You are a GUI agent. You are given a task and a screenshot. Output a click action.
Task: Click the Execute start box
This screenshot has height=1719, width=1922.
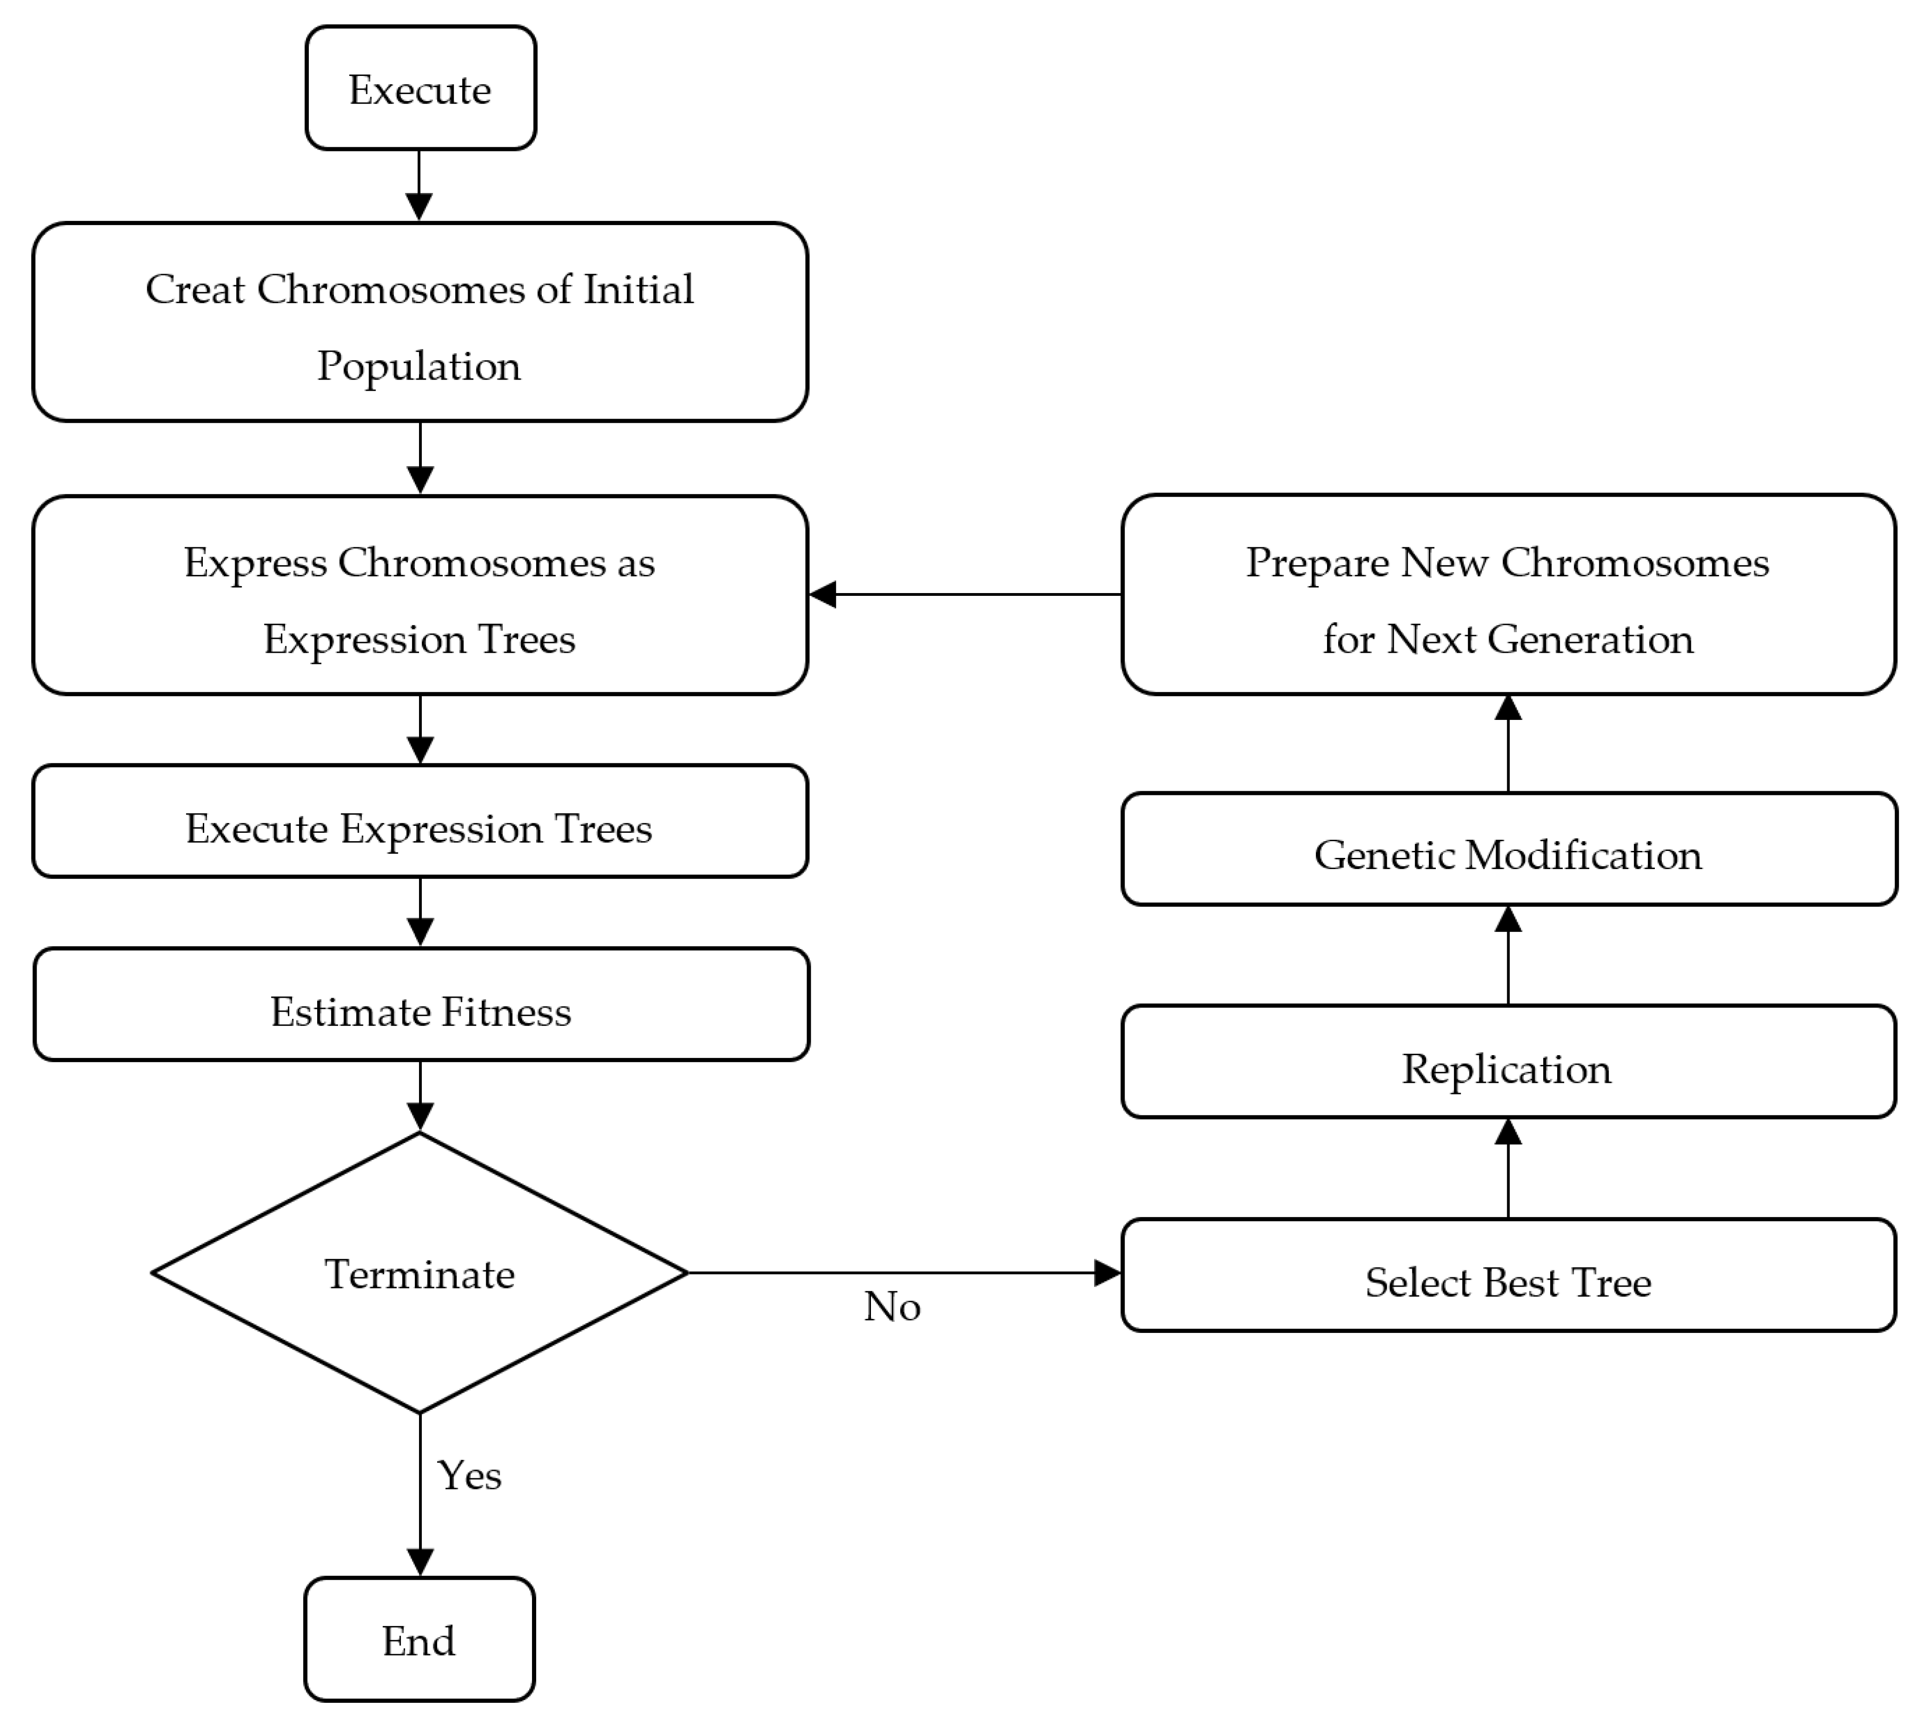coord(420,88)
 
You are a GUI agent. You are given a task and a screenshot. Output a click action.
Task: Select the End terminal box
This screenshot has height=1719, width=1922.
coord(419,1641)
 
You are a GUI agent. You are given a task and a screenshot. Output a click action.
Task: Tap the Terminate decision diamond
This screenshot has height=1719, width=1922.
coord(419,1273)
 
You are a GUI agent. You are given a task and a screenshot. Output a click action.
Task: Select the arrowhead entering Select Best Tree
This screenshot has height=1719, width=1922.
coord(1107,1273)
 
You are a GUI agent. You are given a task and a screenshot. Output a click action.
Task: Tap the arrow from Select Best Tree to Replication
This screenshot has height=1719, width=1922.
coord(1509,1169)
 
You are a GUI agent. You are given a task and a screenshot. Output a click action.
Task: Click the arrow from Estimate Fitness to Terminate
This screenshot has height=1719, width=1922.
coord(419,1096)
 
